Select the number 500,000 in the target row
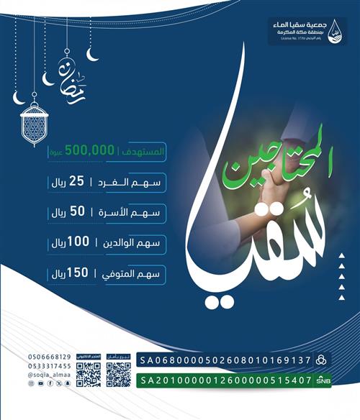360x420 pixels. click(x=90, y=151)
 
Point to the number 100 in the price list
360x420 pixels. click(x=97, y=243)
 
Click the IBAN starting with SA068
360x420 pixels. click(x=225, y=359)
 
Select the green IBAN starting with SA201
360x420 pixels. click(x=225, y=380)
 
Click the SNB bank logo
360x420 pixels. click(x=324, y=380)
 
